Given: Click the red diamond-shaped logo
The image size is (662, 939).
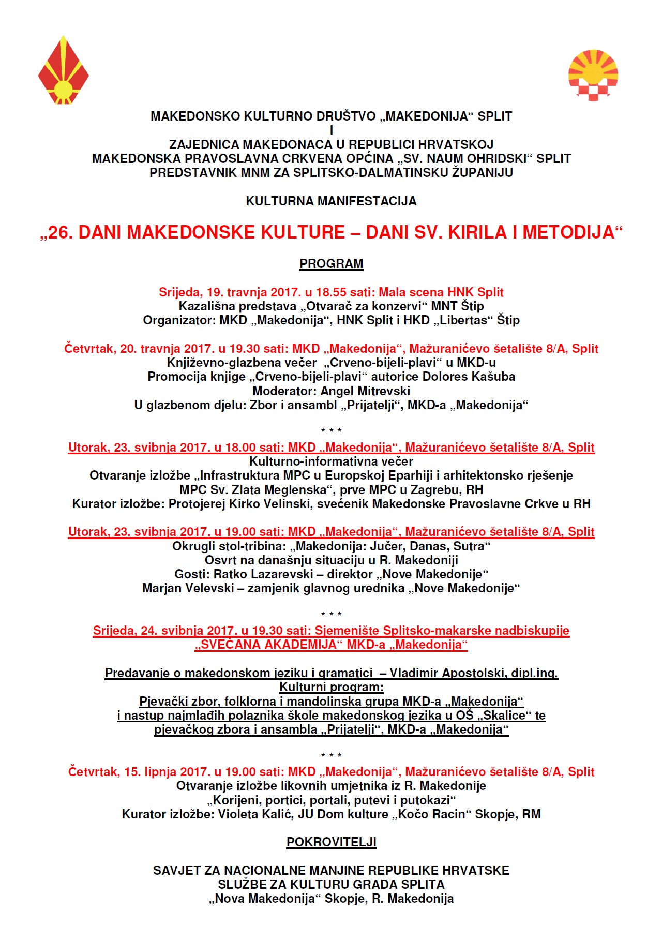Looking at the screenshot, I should coord(63,71).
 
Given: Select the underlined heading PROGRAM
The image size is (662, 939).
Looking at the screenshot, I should coord(331,264).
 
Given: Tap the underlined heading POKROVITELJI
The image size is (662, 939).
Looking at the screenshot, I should coord(331,842).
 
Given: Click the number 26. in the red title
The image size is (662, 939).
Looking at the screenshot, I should coord(61,233).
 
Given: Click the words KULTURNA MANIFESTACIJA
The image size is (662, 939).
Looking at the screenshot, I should coord(331,201).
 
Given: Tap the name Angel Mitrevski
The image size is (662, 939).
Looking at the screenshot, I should coord(365,391).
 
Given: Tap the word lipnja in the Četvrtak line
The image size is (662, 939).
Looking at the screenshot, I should coord(160,772).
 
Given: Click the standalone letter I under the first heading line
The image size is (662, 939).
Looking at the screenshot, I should coord(331,130).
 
